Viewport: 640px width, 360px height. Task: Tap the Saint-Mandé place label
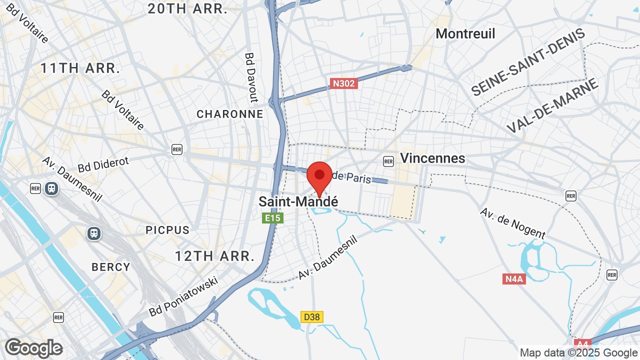pyautogui.click(x=298, y=201)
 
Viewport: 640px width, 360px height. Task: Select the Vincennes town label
pyautogui.click(x=432, y=158)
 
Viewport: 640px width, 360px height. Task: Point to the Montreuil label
pyautogui.click(x=465, y=34)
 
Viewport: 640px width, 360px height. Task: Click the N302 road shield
pyautogui.click(x=343, y=83)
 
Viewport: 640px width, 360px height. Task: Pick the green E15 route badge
pyautogui.click(x=273, y=218)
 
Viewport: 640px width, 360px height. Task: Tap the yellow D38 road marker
pyautogui.click(x=312, y=317)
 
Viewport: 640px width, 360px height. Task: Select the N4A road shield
pyautogui.click(x=514, y=279)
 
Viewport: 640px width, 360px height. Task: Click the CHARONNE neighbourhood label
pyautogui.click(x=230, y=114)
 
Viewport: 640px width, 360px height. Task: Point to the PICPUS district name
pyautogui.click(x=167, y=230)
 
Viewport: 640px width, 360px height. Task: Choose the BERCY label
pyautogui.click(x=111, y=267)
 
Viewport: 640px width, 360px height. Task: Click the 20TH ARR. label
pyautogui.click(x=187, y=8)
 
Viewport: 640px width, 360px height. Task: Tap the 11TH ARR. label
pyautogui.click(x=80, y=68)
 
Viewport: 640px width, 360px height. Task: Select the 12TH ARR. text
pyautogui.click(x=214, y=256)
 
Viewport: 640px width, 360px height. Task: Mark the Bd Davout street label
pyautogui.click(x=251, y=77)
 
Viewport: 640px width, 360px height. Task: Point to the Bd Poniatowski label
pyautogui.click(x=184, y=296)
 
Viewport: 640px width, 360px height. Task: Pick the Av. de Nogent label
pyautogui.click(x=512, y=223)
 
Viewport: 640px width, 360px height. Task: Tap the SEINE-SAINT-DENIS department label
pyautogui.click(x=528, y=62)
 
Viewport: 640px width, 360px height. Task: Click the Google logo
pyautogui.click(x=33, y=348)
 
